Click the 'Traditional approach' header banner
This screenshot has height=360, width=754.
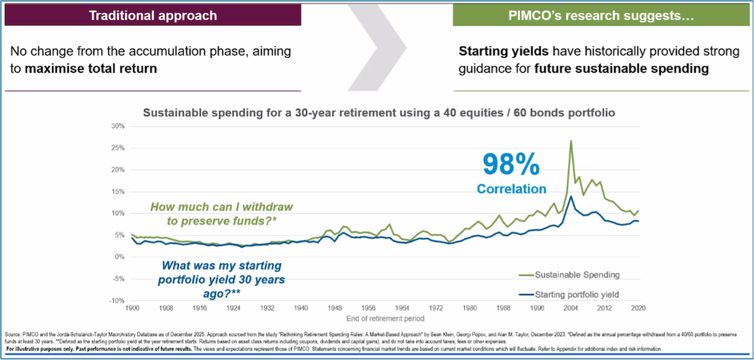pyautogui.click(x=153, y=14)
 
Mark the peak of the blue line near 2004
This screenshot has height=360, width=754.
pyautogui.click(x=571, y=196)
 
